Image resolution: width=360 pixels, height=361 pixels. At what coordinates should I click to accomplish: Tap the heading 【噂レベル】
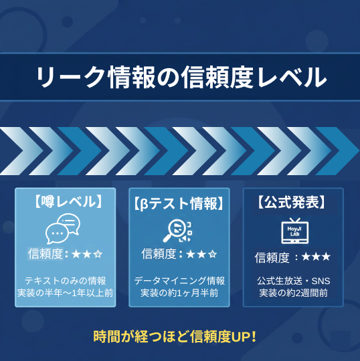[66, 201]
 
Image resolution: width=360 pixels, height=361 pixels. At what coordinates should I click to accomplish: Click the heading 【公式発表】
[292, 201]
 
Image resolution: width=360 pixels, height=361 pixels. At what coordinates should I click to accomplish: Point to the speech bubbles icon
[62, 229]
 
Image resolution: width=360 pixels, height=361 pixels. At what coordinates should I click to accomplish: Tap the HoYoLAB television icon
[293, 230]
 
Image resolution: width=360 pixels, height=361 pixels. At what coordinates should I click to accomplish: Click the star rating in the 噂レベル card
[86, 254]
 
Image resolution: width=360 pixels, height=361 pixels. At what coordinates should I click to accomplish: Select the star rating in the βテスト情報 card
[201, 254]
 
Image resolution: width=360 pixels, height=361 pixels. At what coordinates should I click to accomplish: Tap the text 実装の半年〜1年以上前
[66, 293]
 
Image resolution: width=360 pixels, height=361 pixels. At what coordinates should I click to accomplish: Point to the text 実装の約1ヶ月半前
[179, 293]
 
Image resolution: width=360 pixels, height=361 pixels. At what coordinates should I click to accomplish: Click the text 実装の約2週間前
[293, 293]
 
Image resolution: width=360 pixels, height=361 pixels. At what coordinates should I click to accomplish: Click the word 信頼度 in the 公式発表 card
[272, 257]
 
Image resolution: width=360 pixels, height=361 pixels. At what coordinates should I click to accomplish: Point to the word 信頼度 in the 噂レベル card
[45, 254]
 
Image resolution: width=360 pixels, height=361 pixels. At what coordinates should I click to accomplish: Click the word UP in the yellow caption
[240, 336]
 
